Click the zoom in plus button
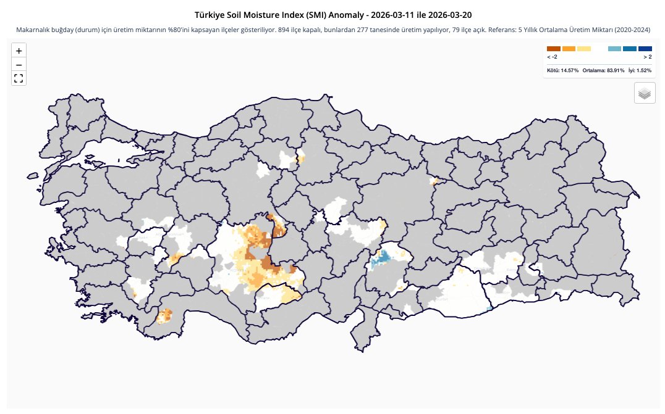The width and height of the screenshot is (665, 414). tap(19, 51)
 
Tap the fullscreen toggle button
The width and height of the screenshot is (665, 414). tap(19, 78)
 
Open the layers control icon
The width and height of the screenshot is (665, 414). tap(645, 93)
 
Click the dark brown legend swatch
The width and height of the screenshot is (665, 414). tap(553, 48)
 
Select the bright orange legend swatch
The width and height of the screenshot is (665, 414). tap(569, 48)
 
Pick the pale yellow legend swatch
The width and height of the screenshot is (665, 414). tap(584, 48)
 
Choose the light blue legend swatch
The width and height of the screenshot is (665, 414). tap(614, 48)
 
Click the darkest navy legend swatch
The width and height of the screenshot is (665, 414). tap(645, 48)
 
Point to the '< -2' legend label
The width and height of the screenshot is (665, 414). tap(553, 57)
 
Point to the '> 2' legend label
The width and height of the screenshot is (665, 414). tap(646, 57)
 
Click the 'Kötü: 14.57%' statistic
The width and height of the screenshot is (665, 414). tap(562, 70)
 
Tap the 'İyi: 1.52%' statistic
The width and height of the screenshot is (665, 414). tap(640, 70)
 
